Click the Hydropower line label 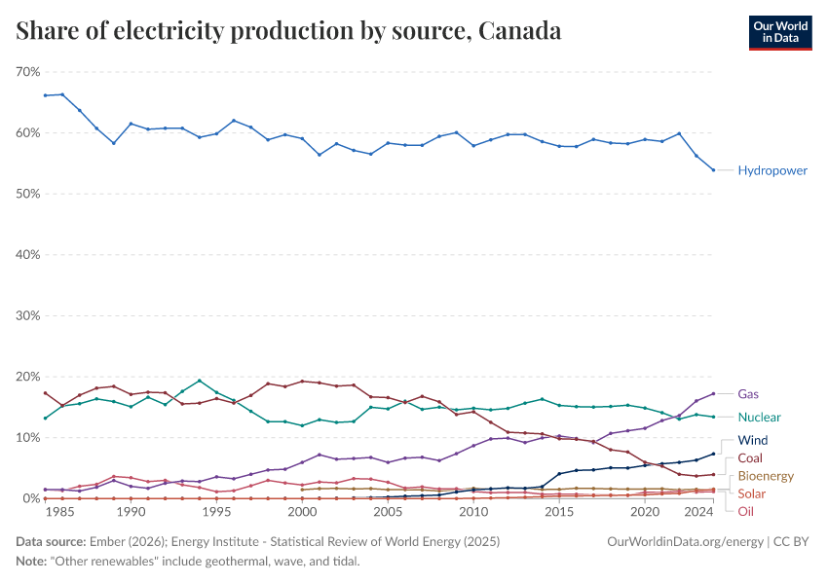(x=772, y=170)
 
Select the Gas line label (x=748, y=394)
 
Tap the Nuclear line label (x=759, y=417)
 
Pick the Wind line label (x=752, y=440)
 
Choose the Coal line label (x=751, y=457)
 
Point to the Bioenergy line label (x=766, y=476)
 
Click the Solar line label (x=752, y=494)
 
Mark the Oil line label (x=745, y=511)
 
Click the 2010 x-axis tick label (x=473, y=511)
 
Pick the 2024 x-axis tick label (x=697, y=511)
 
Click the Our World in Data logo (x=779, y=32)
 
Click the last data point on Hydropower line (x=714, y=170)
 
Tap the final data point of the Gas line (x=714, y=394)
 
